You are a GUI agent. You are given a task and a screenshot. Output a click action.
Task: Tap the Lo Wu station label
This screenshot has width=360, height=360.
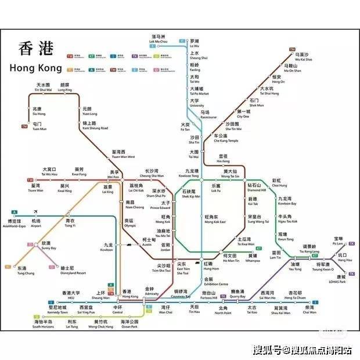195,44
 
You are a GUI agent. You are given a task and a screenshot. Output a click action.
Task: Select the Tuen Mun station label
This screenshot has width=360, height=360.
38,126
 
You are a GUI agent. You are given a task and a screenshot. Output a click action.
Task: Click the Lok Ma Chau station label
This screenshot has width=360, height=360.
159,40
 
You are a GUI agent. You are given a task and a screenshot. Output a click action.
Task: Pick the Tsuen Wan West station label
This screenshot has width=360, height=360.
123,154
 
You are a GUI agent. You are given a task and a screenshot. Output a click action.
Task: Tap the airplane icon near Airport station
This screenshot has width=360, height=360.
36,210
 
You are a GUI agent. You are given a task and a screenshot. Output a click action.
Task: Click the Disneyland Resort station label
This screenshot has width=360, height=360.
73,271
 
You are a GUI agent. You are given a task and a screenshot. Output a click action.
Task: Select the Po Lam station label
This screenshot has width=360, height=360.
337,241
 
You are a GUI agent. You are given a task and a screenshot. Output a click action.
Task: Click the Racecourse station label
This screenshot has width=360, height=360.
208,114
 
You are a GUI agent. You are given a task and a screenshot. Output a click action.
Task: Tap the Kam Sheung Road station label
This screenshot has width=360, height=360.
95,126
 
